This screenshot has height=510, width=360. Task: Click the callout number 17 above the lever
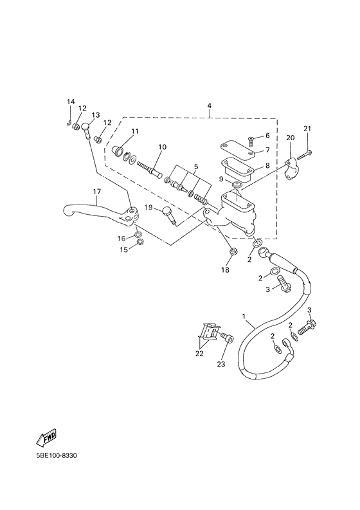[x=96, y=192]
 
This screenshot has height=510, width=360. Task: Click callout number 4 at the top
[x=209, y=105]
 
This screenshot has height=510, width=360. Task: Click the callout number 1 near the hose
[x=244, y=316]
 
